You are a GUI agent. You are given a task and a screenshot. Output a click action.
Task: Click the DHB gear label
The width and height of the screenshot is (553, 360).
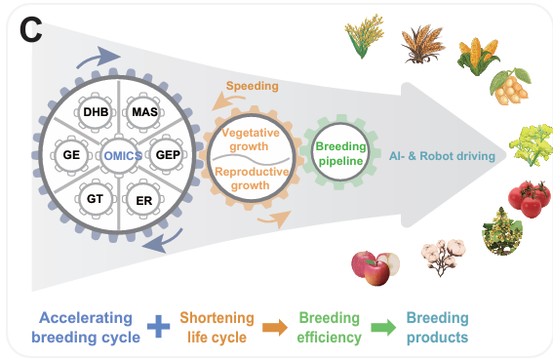96,112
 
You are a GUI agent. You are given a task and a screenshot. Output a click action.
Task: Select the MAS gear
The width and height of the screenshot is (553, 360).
144,112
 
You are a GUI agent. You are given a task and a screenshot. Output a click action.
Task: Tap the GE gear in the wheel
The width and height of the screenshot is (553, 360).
71,155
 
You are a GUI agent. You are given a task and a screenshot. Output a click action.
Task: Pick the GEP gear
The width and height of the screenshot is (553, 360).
167,155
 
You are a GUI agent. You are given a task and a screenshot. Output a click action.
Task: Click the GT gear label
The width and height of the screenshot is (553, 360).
95,199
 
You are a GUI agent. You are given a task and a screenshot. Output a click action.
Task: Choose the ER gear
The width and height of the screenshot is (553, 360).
143,200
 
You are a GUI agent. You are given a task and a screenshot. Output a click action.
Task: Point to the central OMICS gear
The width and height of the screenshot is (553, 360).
120,155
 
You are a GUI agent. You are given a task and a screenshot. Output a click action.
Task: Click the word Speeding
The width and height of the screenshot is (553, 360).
253,86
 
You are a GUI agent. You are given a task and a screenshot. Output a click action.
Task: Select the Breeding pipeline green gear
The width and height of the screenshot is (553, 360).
340,152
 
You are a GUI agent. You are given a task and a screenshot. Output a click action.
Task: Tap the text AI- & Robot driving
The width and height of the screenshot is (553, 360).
442,156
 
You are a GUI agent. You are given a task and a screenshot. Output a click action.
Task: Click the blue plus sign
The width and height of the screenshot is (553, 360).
158,327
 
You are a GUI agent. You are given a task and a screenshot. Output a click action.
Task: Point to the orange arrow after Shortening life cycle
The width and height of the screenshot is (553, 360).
275,327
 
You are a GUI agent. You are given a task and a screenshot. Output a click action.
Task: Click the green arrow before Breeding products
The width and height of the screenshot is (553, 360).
383,327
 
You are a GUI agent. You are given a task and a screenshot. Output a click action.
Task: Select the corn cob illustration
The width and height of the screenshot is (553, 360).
478,56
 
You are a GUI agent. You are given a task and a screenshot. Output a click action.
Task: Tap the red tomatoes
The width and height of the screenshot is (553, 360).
529,198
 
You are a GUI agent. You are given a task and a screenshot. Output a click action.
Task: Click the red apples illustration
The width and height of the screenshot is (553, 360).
375,268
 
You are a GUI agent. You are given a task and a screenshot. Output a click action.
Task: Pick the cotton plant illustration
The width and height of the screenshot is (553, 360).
443,257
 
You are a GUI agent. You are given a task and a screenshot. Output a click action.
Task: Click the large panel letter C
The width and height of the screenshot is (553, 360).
31,30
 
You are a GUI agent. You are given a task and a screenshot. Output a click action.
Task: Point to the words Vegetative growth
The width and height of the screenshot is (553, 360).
250,140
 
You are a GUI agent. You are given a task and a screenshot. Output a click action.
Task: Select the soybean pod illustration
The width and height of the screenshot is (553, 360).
510,87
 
